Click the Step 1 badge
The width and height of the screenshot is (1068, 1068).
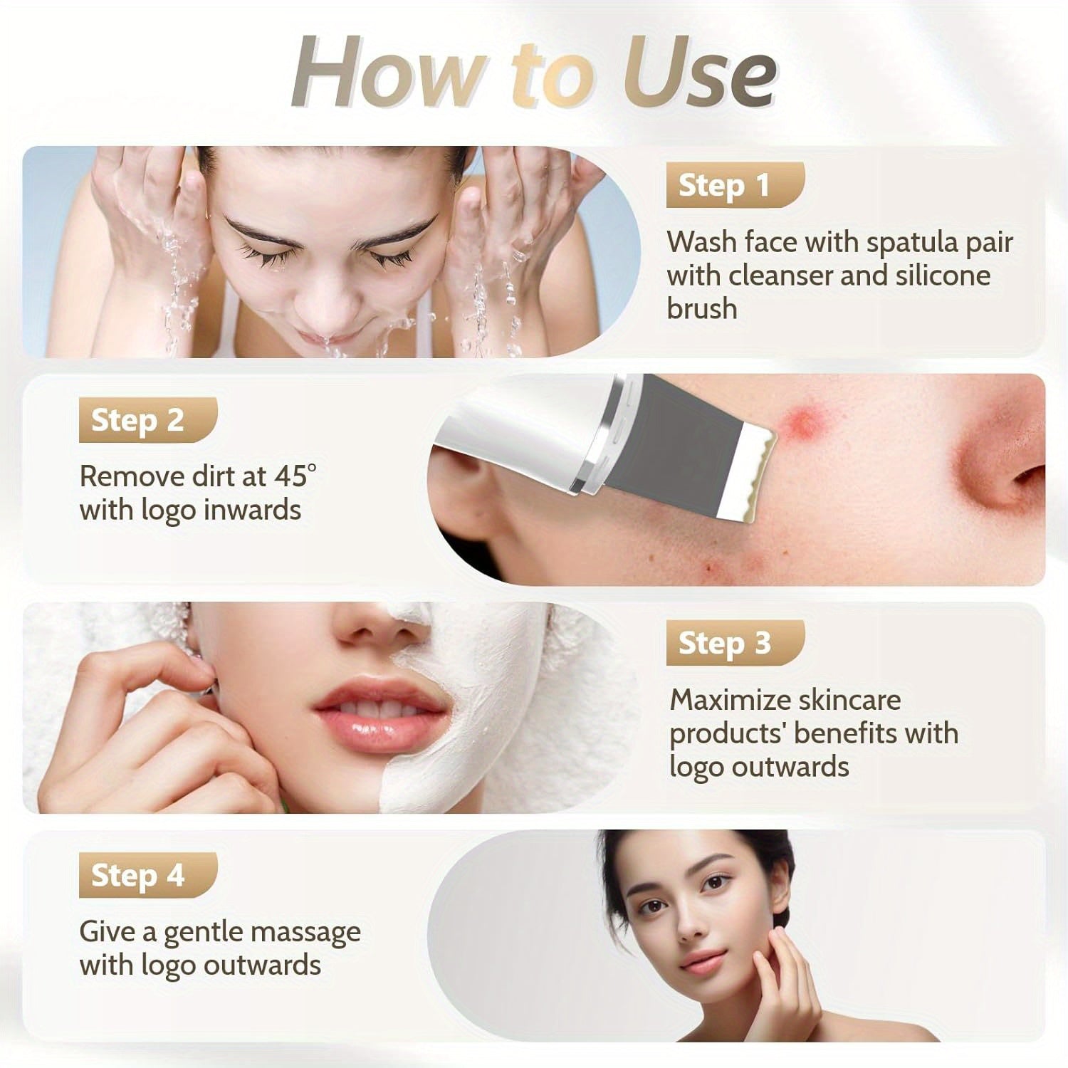pyautogui.click(x=735, y=185)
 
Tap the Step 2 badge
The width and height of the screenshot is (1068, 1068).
pyautogui.click(x=147, y=420)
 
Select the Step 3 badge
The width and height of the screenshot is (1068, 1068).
pyautogui.click(x=735, y=643)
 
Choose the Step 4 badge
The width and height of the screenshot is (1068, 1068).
pyautogui.click(x=147, y=875)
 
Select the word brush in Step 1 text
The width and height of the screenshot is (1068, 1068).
pyautogui.click(x=702, y=309)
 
